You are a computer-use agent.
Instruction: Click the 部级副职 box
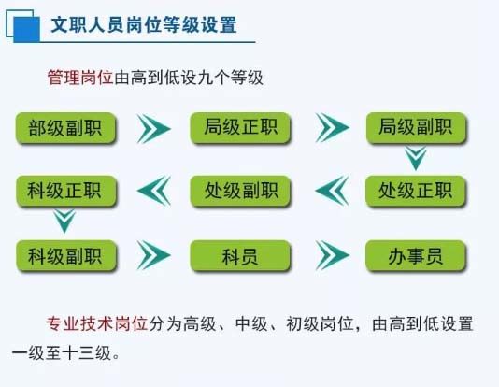click(65, 128)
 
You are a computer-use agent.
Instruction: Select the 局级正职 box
click(240, 127)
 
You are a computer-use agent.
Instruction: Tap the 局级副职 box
click(416, 127)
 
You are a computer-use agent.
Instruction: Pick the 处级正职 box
click(416, 191)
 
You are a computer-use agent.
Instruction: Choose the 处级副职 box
click(240, 191)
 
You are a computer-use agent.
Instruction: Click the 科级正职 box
click(66, 191)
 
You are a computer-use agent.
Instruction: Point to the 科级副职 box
click(66, 255)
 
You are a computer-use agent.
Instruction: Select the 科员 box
click(240, 255)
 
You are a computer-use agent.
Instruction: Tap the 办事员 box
click(416, 255)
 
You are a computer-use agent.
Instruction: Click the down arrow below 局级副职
click(416, 158)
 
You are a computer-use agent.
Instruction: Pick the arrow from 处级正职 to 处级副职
click(331, 191)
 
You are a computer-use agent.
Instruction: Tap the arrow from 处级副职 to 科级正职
click(152, 191)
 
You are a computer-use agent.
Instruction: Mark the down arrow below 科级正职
click(64, 221)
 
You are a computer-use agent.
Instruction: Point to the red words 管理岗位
click(80, 78)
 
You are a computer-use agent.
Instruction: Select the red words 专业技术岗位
click(97, 324)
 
